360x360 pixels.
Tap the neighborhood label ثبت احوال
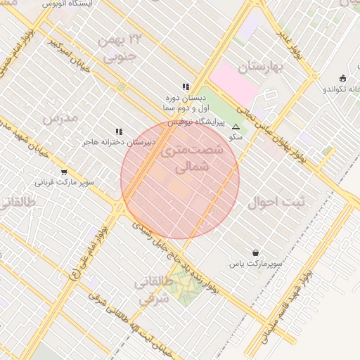point(277,202)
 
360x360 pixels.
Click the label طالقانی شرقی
point(153,289)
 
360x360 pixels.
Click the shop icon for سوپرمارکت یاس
point(255,252)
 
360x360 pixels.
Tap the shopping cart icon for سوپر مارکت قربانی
point(64,172)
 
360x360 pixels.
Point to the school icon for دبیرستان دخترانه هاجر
point(119,131)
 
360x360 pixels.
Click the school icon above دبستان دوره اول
point(186,86)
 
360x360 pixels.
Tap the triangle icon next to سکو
point(236,128)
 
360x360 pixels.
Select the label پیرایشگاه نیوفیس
point(199,122)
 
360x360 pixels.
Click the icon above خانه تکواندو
point(342,78)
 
